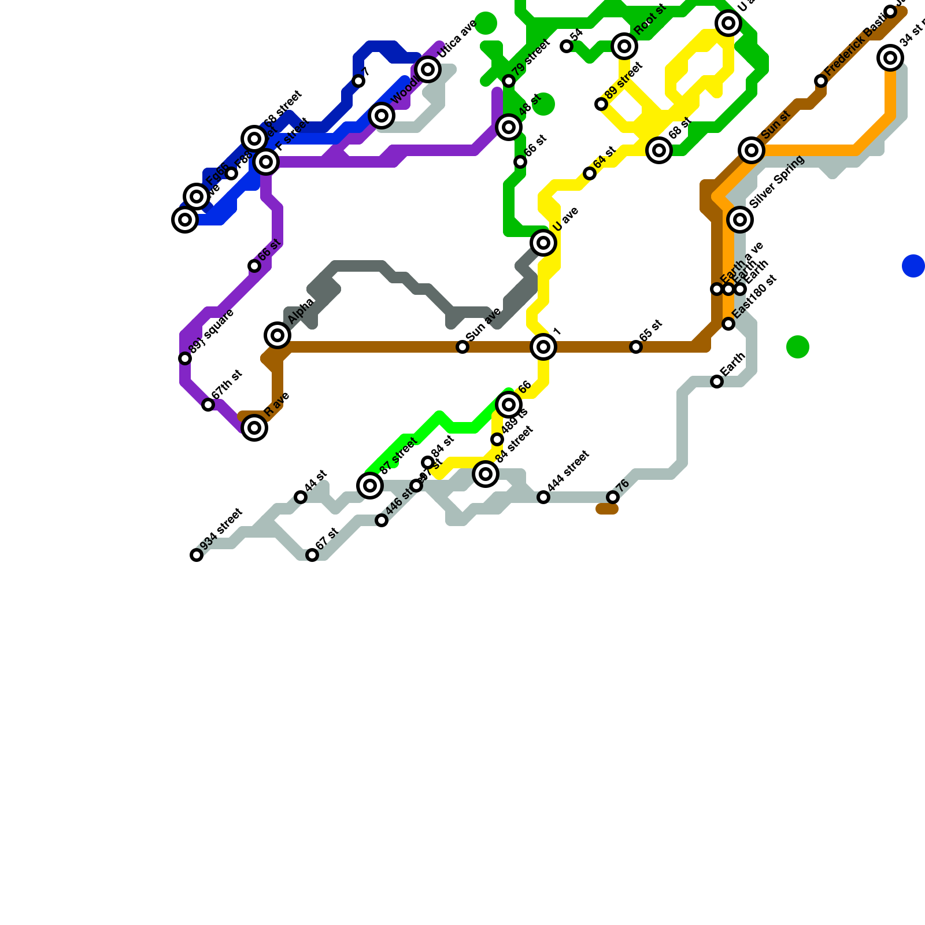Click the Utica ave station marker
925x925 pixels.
pos(428,69)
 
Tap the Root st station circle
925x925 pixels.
pos(624,46)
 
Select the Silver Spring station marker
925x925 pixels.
pos(740,220)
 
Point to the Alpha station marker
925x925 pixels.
pos(277,335)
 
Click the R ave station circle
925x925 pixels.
pos(254,428)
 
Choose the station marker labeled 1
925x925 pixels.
pos(543,347)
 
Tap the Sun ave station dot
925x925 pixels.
pos(462,347)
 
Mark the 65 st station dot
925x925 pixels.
pos(636,347)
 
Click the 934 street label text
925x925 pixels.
pos(220,529)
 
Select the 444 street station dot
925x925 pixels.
pos(543,497)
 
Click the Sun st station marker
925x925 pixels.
pos(752,150)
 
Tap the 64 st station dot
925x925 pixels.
pos(590,173)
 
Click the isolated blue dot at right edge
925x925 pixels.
pos(913,266)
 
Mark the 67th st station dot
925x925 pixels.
pos(208,405)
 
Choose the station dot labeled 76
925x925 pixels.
pos(613,497)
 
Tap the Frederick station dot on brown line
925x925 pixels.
pos(821,81)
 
